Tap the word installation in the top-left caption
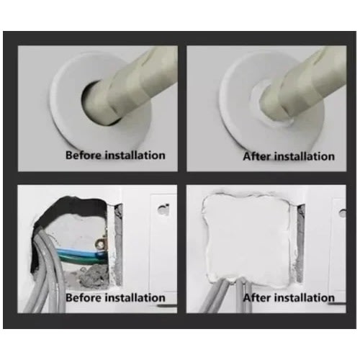tap(135, 155)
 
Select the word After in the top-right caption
tap(257, 156)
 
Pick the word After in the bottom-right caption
tap(257, 297)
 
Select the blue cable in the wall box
tap(79, 253)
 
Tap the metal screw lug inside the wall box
tap(100, 243)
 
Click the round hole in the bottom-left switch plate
tap(163, 210)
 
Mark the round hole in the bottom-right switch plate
tap(343, 213)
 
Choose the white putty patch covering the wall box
tap(247, 238)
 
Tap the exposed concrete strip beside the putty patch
tap(301, 243)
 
